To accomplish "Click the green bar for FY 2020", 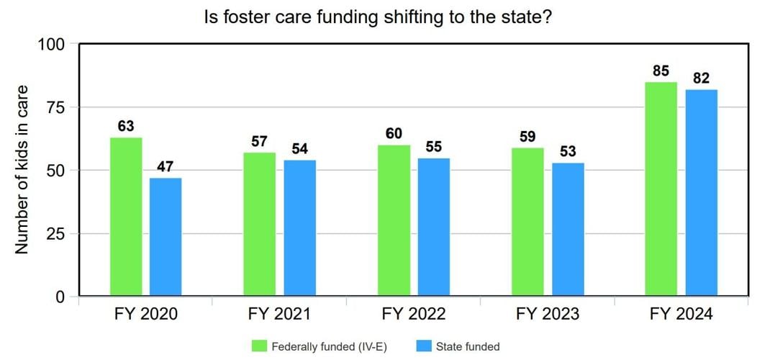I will point(126,217).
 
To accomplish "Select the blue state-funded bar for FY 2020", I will point(166,237).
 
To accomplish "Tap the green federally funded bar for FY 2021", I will point(260,224).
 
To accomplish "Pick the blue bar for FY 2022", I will point(433,227).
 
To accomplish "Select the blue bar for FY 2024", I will point(701,193).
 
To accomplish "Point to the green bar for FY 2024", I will point(661,189).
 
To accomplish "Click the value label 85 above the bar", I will point(661,71).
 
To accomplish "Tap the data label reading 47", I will point(166,167).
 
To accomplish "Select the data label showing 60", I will point(394,134).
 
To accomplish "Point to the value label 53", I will point(568,152).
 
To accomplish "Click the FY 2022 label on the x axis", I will point(413,315).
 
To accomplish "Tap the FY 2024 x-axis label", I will point(681,315).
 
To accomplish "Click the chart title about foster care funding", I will point(379,17).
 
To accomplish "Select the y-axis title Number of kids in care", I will point(22,170).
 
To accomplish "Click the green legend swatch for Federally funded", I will point(259,346).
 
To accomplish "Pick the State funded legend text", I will point(467,346).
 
